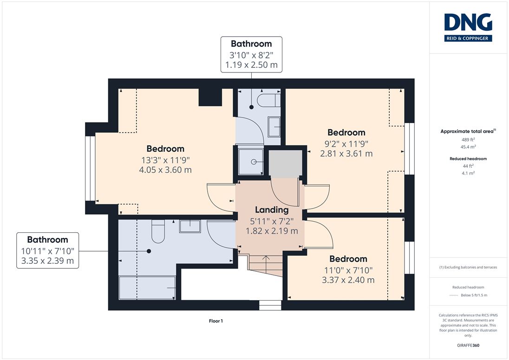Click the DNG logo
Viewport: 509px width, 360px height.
[x=468, y=27]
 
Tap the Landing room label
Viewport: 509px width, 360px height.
[x=272, y=209]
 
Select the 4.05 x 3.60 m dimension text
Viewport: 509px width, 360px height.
[x=165, y=170]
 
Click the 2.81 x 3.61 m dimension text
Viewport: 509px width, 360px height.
[x=346, y=154]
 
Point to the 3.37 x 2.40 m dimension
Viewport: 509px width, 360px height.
[x=348, y=280]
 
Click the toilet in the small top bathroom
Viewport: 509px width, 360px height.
[x=268, y=100]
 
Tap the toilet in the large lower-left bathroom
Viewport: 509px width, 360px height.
[x=158, y=231]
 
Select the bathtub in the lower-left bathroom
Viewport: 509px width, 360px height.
[x=147, y=288]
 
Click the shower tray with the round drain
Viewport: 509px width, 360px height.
[x=251, y=162]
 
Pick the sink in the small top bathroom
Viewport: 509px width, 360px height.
[x=274, y=127]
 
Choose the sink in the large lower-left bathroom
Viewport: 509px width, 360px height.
[x=190, y=226]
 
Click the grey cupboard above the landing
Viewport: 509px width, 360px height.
[x=286, y=164]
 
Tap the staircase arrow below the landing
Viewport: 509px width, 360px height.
[x=266, y=263]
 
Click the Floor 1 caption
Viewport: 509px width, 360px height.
[x=216, y=321]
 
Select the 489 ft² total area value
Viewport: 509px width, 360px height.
[x=468, y=139]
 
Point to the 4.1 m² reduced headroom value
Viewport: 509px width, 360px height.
[x=468, y=173]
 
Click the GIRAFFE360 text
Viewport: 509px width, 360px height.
[x=468, y=346]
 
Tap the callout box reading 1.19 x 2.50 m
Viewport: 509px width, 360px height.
[x=251, y=54]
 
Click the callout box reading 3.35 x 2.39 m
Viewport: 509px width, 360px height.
[x=48, y=250]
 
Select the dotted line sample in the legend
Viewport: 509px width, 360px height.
[x=454, y=295]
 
